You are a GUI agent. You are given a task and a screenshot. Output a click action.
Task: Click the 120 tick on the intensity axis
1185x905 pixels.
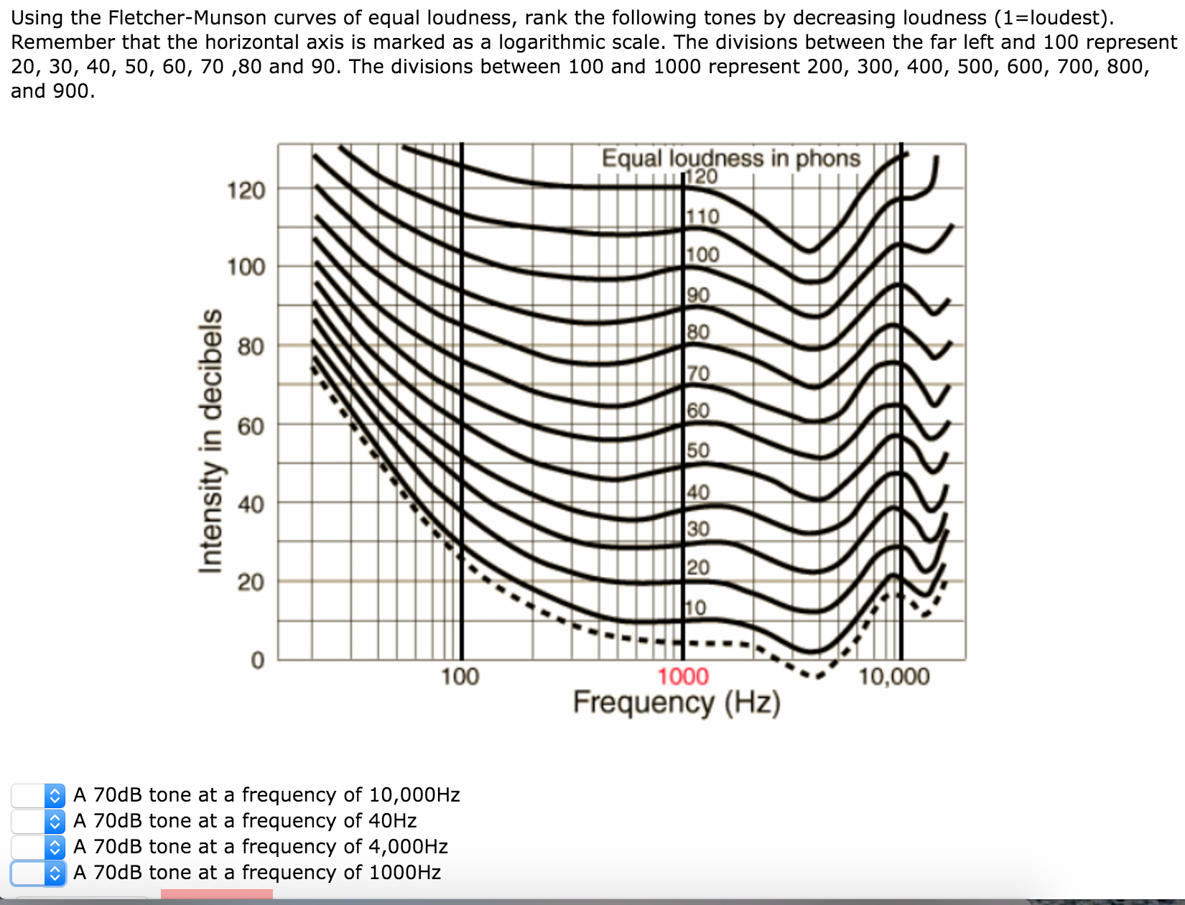coord(246,191)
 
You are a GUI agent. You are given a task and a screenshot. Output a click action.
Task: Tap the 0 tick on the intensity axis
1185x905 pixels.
coord(257,660)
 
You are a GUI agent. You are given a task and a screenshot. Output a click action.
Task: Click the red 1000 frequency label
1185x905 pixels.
coord(682,677)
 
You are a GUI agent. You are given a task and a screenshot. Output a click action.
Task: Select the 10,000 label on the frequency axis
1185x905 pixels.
coord(893,677)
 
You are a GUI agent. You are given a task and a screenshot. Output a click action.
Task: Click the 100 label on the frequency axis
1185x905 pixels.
coord(460,677)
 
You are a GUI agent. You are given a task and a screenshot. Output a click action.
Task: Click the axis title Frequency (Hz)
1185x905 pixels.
coord(676,703)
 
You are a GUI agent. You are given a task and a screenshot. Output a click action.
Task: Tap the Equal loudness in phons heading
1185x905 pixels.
coord(730,158)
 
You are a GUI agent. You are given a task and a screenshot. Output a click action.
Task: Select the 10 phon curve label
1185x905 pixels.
coord(695,608)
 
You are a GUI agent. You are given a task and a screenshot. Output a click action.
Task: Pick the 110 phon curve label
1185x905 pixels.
coord(702,216)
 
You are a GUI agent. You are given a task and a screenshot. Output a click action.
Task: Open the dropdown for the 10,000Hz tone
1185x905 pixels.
coord(55,795)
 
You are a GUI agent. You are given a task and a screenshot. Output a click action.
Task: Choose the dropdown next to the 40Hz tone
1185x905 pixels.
coord(55,821)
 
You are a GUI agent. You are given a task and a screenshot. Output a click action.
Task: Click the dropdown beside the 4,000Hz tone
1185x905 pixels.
coord(55,847)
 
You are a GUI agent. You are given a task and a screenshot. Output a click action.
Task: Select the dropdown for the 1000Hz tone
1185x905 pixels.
coord(55,873)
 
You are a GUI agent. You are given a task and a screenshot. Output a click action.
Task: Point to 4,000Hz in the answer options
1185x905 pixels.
coord(408,847)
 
